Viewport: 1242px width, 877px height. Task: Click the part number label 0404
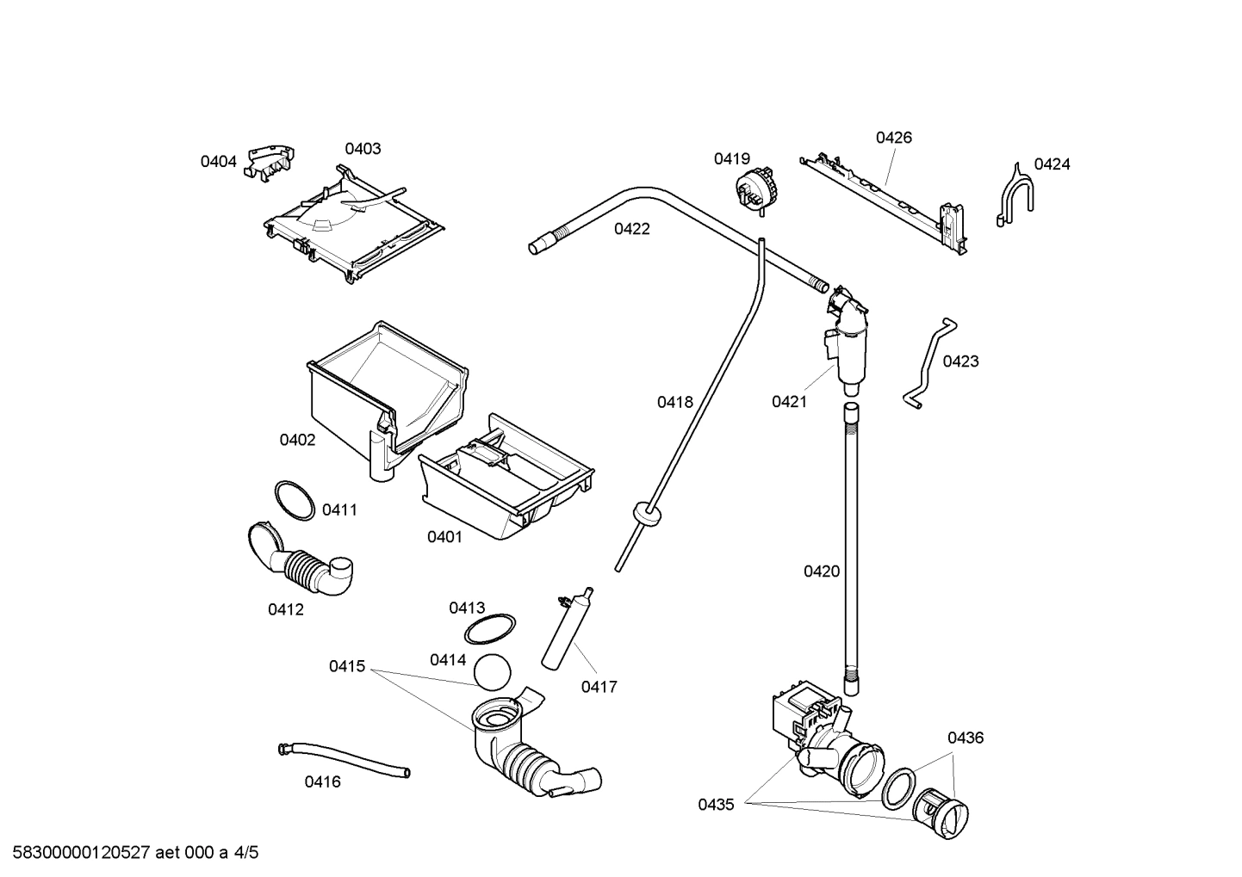218,161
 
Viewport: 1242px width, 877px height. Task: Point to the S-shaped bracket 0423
928,361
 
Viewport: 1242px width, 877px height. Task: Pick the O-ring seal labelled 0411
295,500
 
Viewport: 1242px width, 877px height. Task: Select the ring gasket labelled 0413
490,629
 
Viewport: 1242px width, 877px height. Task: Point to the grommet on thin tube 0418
646,514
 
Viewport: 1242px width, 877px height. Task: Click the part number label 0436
965,738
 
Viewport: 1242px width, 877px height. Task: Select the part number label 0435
716,805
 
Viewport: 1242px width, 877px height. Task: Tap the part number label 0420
821,571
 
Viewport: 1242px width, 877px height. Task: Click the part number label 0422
631,229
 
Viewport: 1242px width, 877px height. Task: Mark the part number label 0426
893,138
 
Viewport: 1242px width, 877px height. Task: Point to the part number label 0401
444,537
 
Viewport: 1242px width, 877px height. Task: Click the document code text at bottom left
131,853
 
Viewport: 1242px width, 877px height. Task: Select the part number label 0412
285,609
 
